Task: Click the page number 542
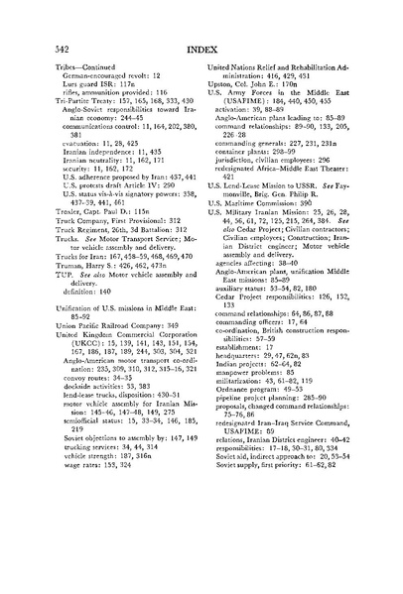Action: click(x=35, y=46)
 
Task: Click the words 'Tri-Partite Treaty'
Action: click(x=59, y=101)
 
